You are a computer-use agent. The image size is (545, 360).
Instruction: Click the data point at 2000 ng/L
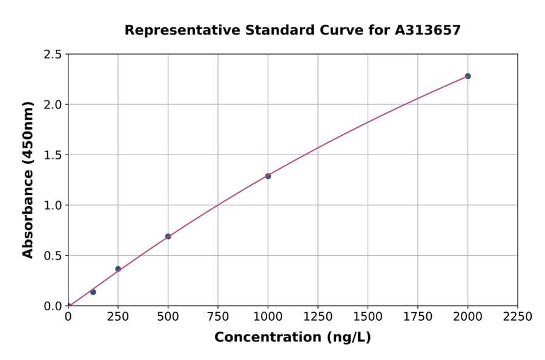[x=467, y=76]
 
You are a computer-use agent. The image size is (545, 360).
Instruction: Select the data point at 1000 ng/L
[x=268, y=176]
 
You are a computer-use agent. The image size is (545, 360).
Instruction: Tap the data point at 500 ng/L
[x=168, y=236]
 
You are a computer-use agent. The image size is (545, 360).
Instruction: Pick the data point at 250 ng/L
[x=118, y=269]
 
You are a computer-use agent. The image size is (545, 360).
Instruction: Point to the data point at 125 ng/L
[x=93, y=292]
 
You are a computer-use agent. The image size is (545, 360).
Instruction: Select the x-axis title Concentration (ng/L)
[x=292, y=338]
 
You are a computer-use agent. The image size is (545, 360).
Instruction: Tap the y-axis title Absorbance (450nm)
[x=28, y=179]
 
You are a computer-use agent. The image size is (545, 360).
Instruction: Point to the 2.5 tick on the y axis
[x=53, y=55]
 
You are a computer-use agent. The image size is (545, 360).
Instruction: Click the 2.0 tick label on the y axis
[x=53, y=105]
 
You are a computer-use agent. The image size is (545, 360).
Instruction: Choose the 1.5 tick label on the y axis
[x=53, y=155]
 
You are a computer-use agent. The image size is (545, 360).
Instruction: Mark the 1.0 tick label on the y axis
[x=53, y=205]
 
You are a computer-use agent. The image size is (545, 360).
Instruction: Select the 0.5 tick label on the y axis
[x=53, y=256]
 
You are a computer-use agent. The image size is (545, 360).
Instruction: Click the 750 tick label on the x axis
[x=218, y=317]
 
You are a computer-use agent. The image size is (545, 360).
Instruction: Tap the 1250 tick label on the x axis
[x=318, y=317]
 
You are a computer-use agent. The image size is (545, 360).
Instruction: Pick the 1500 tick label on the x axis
[x=368, y=317]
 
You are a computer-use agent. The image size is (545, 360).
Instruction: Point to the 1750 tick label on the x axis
[x=418, y=317]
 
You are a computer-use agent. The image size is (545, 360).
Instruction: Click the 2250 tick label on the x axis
[x=518, y=317]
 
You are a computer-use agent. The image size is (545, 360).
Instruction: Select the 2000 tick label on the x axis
[x=467, y=317]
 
